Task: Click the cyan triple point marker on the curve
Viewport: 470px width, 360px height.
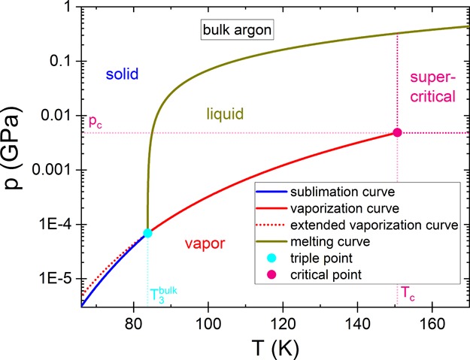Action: pos(147,233)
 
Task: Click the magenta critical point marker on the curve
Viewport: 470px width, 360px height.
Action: pos(397,132)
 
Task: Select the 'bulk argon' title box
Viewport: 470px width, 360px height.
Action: pos(236,30)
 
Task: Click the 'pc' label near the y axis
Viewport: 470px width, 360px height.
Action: pos(96,123)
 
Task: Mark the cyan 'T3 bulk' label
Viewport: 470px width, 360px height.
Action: pos(162,293)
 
